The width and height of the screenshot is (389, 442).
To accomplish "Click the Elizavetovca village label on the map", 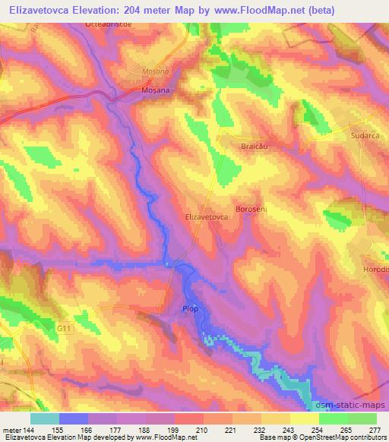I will coord(207,216).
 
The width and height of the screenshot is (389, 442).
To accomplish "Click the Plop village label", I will coord(190,308).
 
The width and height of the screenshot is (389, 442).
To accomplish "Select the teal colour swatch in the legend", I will coord(45,418).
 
